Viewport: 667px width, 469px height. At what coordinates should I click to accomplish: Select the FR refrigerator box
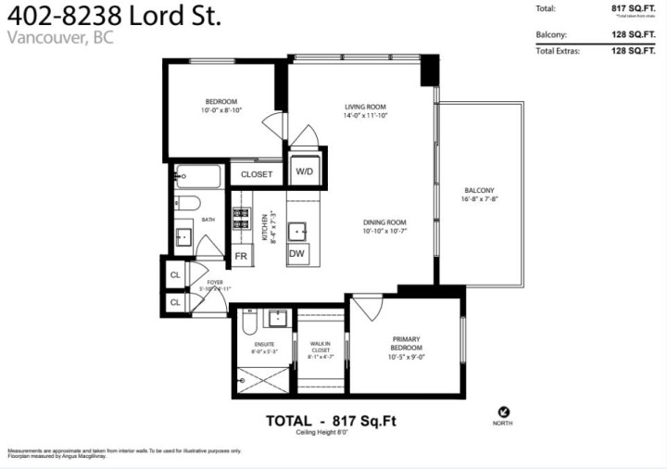pyautogui.click(x=240, y=256)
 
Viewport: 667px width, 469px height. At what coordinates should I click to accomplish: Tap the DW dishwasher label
pyautogui.click(x=297, y=254)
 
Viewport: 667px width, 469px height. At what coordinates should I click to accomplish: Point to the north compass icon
pyautogui.click(x=504, y=413)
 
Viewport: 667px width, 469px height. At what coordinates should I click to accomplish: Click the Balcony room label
pyautogui.click(x=479, y=194)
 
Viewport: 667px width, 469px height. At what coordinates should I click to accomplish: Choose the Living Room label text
pyautogui.click(x=365, y=111)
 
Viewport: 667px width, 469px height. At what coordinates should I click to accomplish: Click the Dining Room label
pyautogui.click(x=384, y=226)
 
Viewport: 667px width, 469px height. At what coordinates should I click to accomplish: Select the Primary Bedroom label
pyautogui.click(x=406, y=344)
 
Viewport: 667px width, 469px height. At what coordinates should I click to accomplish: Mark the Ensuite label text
pyautogui.click(x=263, y=348)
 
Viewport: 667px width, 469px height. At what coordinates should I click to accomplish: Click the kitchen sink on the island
pyautogui.click(x=298, y=230)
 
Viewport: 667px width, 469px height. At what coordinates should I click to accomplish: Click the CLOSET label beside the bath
pyautogui.click(x=257, y=174)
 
